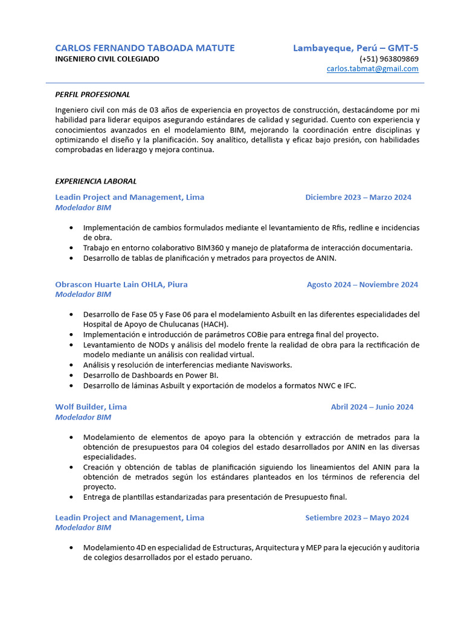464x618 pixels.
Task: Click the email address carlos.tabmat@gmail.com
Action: (372, 69)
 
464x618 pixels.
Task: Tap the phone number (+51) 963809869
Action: (388, 59)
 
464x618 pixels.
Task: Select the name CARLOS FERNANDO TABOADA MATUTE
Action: (145, 48)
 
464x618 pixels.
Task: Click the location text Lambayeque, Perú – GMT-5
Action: (355, 48)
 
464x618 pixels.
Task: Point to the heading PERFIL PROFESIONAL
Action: (92, 95)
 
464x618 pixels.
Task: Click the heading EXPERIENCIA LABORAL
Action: (95, 181)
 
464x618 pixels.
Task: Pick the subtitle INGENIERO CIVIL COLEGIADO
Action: (108, 59)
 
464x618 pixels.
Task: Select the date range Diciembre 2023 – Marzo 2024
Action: (358, 197)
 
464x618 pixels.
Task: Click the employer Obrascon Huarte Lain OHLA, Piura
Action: (121, 284)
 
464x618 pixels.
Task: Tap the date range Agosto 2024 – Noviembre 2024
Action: (362, 285)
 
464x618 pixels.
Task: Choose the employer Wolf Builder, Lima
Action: (91, 407)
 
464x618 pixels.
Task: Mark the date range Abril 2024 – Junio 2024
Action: (372, 407)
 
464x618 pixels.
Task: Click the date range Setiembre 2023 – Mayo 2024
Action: (357, 518)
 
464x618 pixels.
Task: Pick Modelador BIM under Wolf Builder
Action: (83, 417)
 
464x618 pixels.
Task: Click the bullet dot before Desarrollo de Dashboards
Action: (71, 375)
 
